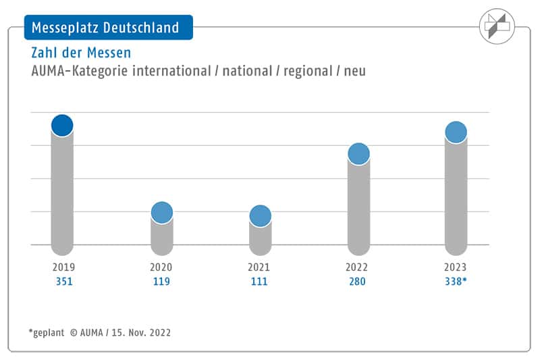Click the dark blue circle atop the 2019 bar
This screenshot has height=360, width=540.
(x=62, y=125)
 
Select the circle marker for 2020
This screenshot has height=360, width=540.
(x=161, y=213)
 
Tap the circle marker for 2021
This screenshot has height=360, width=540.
(x=260, y=215)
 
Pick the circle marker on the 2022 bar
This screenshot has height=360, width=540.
(x=359, y=154)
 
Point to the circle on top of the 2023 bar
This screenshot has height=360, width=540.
(x=456, y=132)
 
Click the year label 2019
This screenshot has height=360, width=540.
(x=62, y=267)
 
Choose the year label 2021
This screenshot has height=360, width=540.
(x=260, y=267)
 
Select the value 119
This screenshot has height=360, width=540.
(x=161, y=281)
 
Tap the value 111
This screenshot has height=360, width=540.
(x=260, y=281)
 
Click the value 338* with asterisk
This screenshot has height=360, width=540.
(x=456, y=281)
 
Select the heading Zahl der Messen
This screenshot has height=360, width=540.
(x=81, y=52)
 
